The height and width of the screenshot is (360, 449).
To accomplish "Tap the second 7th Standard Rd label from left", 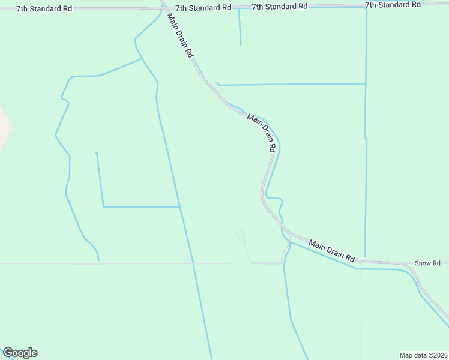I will point(203,7).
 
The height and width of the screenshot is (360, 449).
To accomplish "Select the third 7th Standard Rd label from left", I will point(280,6).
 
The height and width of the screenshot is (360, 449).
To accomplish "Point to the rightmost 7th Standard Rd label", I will point(393,5).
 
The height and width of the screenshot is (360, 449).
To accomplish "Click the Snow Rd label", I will point(428,263).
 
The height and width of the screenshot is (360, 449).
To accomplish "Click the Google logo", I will point(20,353).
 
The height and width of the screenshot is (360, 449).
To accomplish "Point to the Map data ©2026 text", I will point(423,355).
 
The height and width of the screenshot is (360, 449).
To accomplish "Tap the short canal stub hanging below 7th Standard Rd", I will point(240,27).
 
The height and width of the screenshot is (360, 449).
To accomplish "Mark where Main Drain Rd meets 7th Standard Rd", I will point(163,8).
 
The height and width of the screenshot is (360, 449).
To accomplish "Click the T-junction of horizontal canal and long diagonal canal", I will point(179,207).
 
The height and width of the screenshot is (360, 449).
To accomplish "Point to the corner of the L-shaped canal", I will point(103,206).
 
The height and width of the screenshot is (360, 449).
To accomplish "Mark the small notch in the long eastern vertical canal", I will point(366,139).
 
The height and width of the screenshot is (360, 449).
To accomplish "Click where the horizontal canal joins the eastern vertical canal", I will point(366,84).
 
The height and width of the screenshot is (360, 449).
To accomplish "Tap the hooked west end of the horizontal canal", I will point(217,83).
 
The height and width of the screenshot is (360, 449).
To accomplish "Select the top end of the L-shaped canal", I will point(97,154).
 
